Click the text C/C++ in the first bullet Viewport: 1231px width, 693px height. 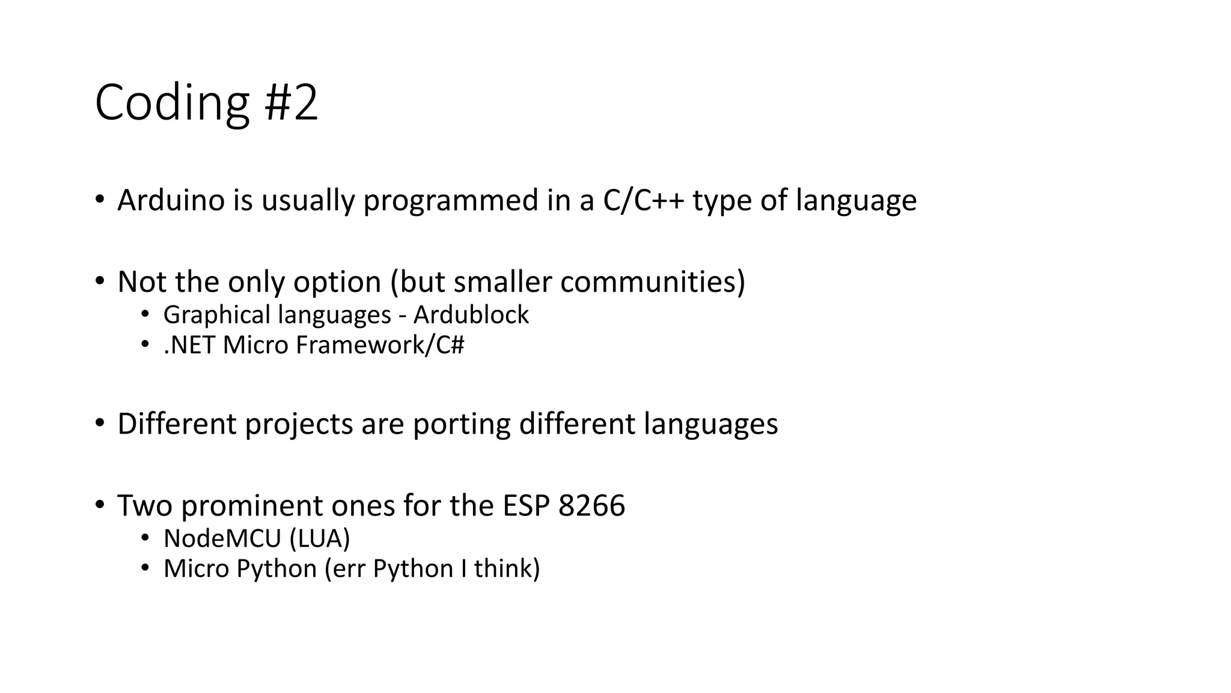643,200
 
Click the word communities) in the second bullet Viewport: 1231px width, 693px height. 652,282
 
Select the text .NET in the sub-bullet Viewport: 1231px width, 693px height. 189,345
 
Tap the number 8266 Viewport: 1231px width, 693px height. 591,505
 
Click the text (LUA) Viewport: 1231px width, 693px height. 319,538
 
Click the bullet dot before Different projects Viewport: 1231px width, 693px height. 99,423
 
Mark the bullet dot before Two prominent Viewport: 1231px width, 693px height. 99,504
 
